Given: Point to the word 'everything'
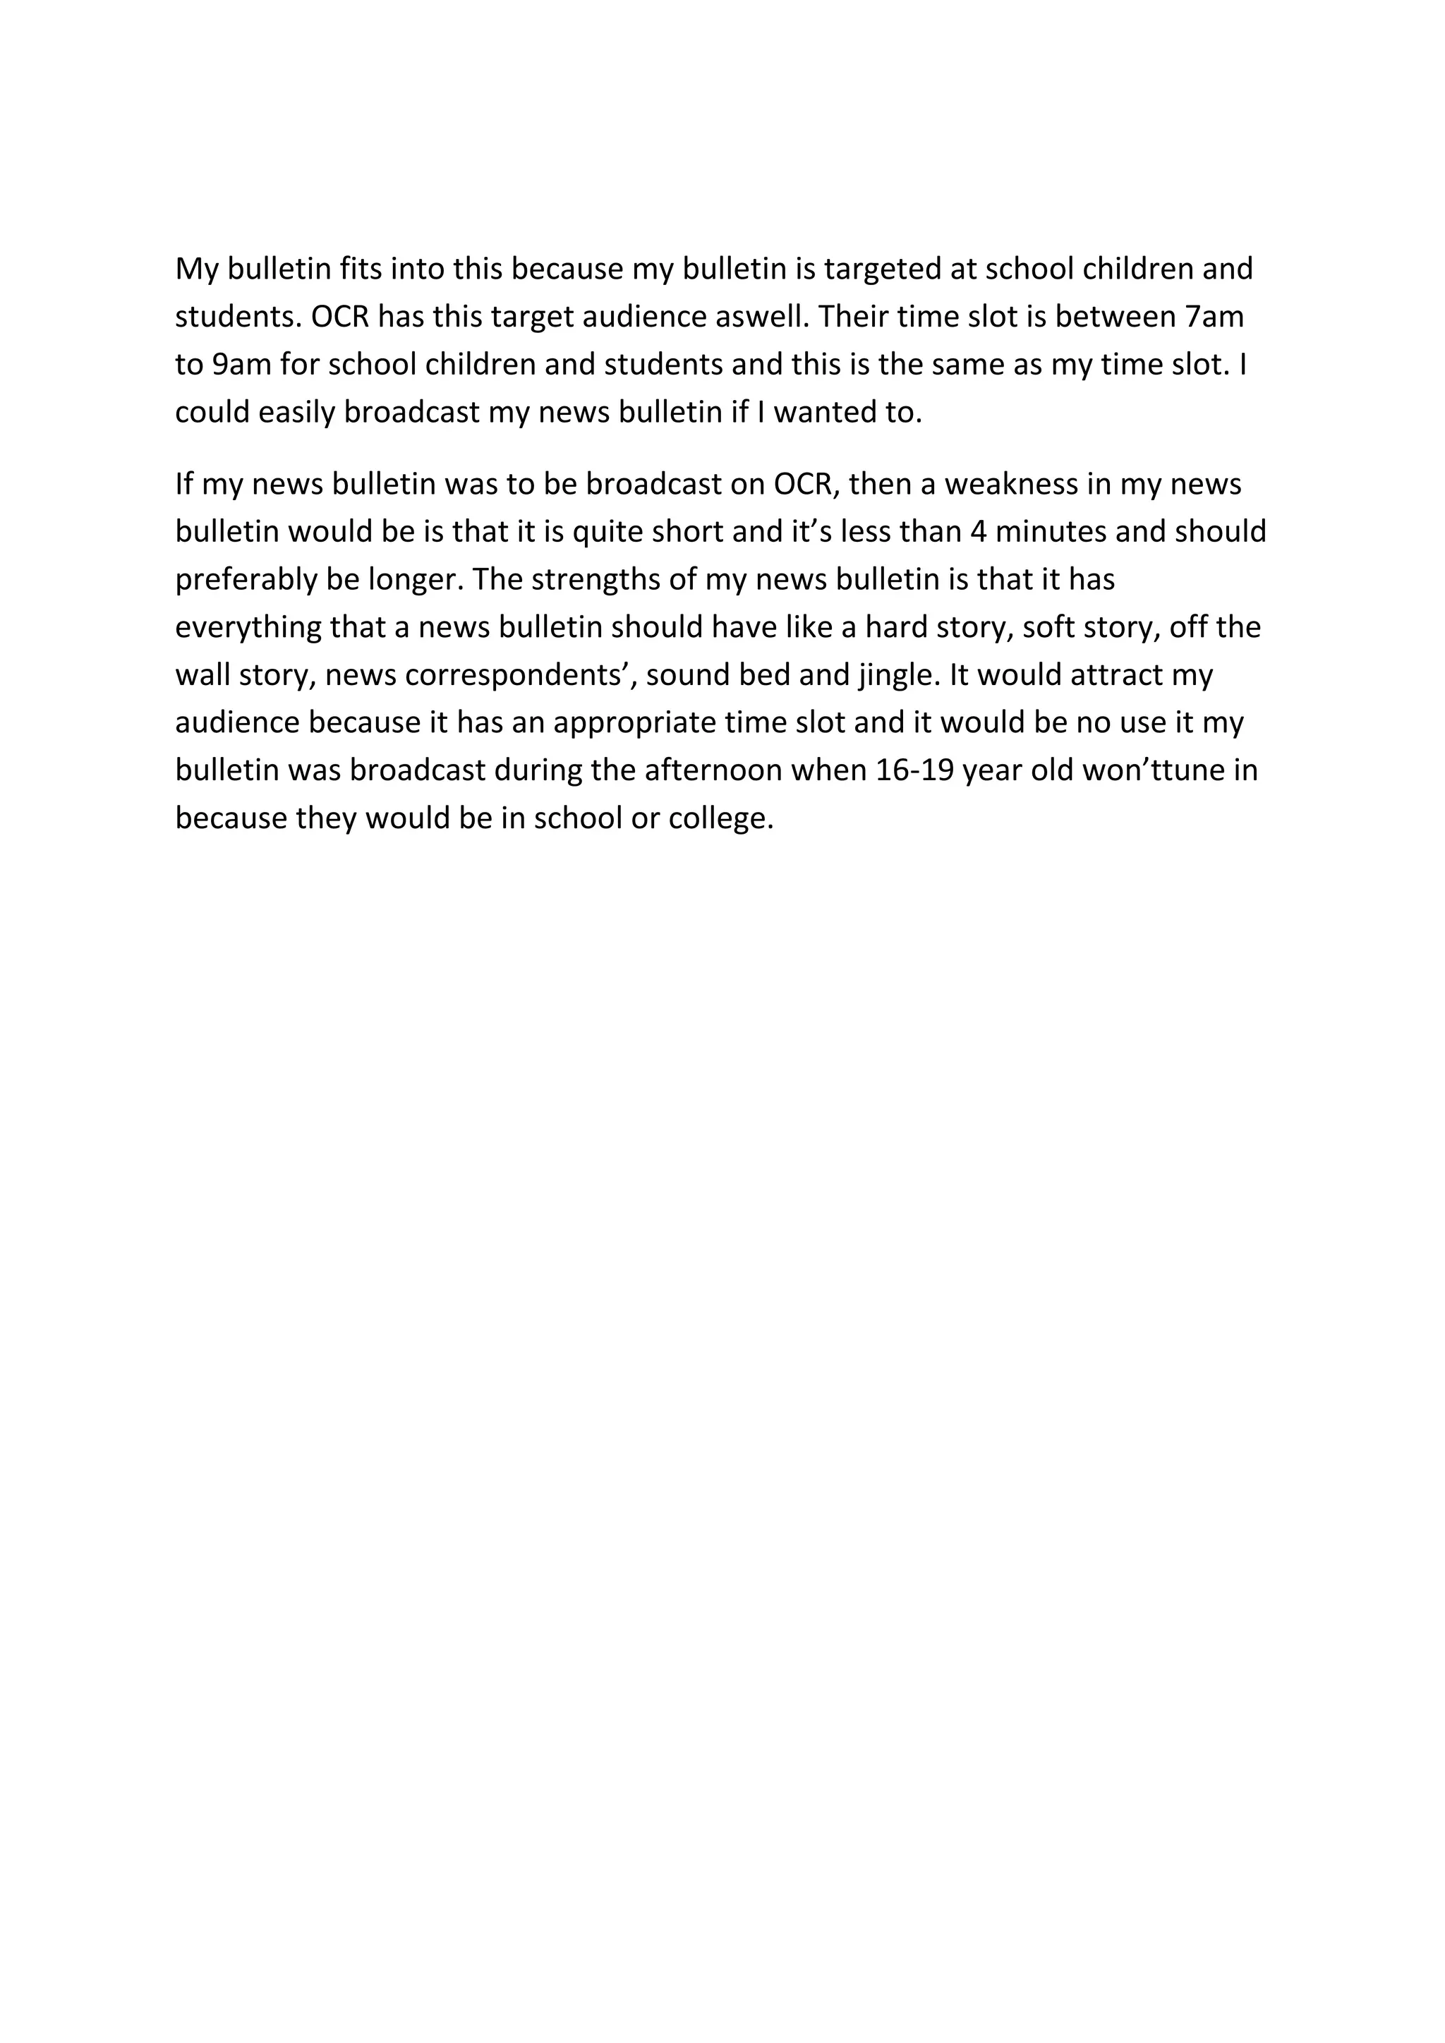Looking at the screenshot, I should tap(248, 627).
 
